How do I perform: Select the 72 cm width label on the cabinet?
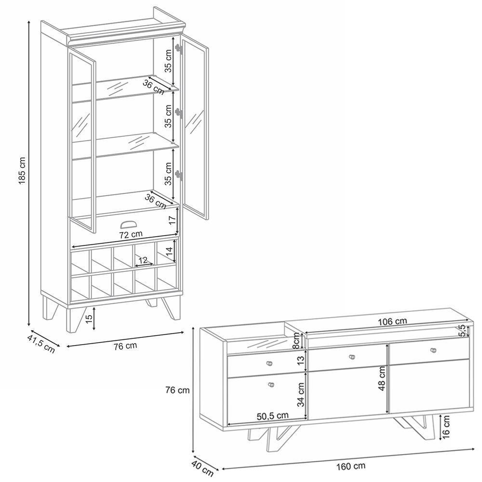(x=130, y=235)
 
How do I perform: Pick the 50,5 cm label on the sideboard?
(x=272, y=415)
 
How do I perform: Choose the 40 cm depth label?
(x=203, y=467)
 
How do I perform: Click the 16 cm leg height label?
(x=446, y=428)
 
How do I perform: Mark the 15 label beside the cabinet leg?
(x=89, y=319)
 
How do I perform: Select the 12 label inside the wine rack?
(x=142, y=260)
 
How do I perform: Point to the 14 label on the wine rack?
(x=169, y=251)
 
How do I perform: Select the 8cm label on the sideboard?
(x=298, y=343)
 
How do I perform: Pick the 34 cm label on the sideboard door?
(x=302, y=394)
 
